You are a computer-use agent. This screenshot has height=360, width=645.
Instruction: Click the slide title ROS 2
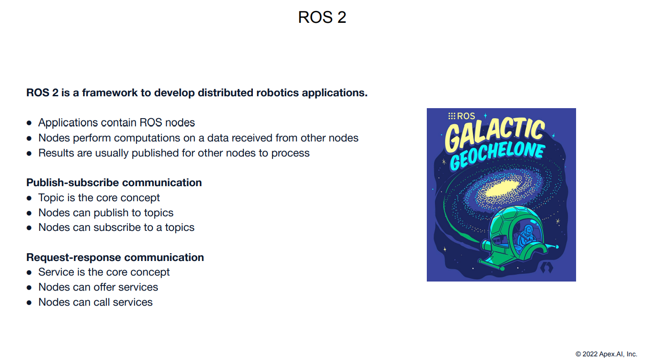tap(322, 17)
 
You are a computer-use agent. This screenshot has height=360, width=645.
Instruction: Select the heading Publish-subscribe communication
tap(114, 183)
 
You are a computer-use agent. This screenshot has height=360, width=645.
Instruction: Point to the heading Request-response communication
tap(115, 257)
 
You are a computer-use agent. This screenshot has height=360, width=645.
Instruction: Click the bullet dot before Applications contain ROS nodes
tap(29, 123)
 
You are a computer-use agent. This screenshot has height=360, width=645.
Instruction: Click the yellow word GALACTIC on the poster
tap(495, 135)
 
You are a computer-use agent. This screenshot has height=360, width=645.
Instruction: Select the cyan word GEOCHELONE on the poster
tap(498, 157)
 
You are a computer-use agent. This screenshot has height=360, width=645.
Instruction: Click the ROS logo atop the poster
tap(461, 116)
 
